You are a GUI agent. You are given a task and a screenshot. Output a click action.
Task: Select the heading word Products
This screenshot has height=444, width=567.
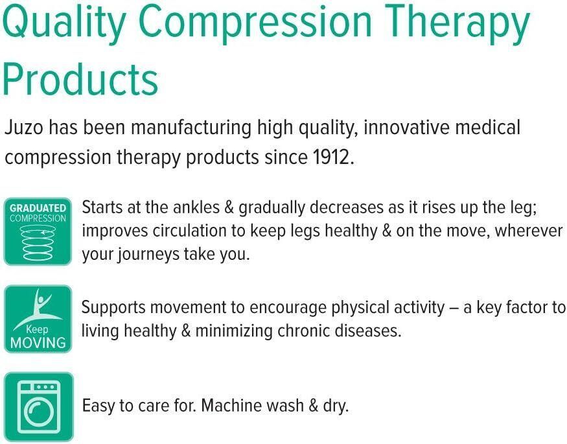80,78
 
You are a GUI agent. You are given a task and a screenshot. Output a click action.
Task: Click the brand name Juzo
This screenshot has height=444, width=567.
24,128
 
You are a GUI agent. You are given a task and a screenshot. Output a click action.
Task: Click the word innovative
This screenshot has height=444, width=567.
406,128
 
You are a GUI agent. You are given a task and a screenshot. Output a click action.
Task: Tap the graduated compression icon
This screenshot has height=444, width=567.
38,231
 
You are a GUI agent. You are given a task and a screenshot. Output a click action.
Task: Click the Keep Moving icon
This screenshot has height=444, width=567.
38,319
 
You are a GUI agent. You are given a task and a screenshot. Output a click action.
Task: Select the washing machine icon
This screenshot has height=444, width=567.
38,407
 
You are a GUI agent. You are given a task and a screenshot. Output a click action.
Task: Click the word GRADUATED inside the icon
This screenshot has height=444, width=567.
38,208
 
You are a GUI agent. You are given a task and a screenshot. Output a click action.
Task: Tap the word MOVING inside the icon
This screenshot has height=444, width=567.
38,343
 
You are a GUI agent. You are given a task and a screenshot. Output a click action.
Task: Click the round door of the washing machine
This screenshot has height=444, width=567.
38,412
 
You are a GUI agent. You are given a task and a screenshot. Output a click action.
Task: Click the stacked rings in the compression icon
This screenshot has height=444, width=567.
38,242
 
